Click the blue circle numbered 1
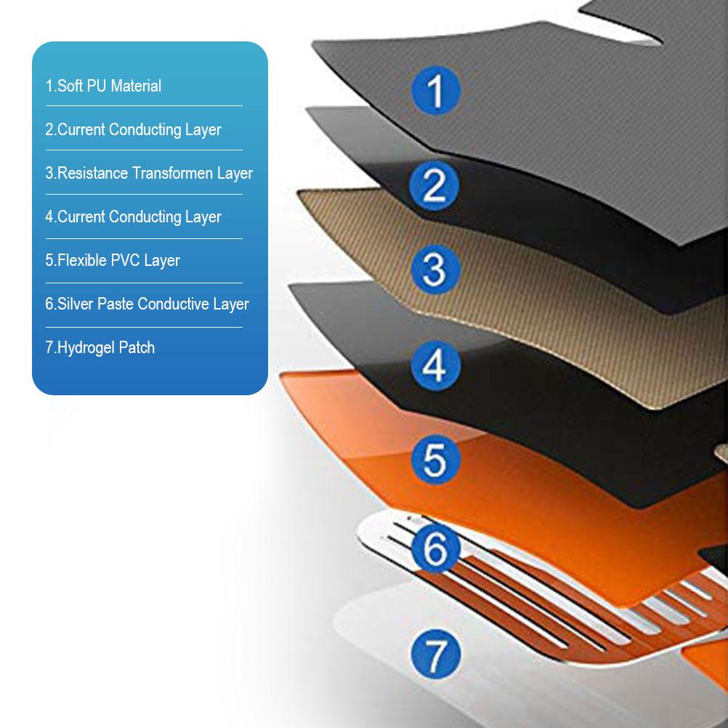point(435,91)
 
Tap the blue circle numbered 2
point(434,185)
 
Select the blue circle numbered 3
point(435,270)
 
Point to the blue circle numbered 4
point(435,365)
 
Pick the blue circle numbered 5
point(435,459)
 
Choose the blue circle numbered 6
point(435,548)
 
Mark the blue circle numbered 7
point(435,655)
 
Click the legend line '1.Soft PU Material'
point(103,86)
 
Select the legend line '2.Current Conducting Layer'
point(133,129)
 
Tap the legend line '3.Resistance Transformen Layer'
point(149,173)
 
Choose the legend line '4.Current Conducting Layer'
point(133,217)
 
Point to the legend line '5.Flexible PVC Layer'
point(113,260)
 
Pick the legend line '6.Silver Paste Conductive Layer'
point(147,304)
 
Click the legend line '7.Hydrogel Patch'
point(100,348)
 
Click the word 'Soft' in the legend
point(69,86)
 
